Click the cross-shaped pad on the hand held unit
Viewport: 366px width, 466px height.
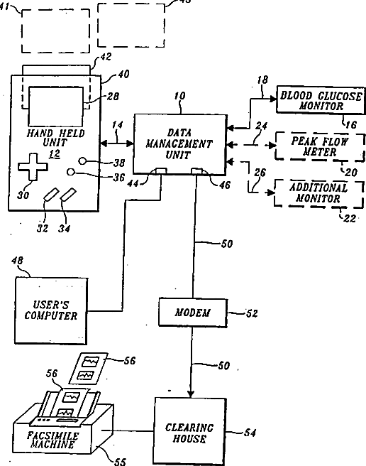pos(33,167)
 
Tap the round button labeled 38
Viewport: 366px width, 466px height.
pos(83,161)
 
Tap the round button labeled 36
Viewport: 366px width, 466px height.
pos(70,172)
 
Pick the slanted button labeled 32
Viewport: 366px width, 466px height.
pos(50,195)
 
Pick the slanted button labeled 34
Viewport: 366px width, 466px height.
pos(68,195)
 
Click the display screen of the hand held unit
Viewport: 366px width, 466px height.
pos(56,107)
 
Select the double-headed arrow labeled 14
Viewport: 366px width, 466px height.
pos(117,143)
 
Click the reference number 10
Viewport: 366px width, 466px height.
pos(179,96)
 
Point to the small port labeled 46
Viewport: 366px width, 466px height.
pos(196,171)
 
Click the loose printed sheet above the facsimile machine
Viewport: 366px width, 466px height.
pos(89,369)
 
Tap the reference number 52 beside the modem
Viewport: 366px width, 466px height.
pos(252,313)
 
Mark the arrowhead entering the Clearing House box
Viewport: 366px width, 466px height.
pos(191,394)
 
